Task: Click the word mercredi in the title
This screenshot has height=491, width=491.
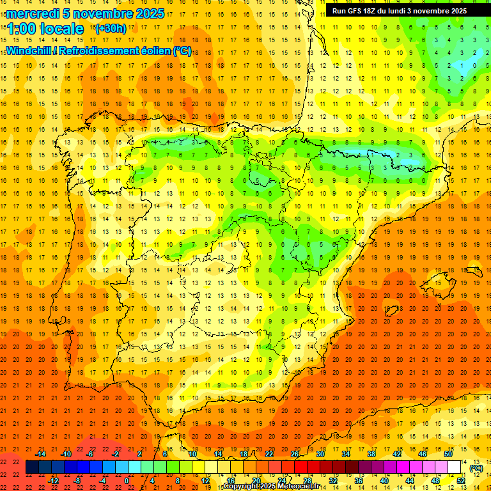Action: (32, 13)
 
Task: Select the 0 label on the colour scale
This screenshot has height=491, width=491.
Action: (127, 481)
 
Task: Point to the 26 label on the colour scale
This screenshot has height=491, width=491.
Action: (294, 454)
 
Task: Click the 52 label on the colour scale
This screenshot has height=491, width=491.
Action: (461, 481)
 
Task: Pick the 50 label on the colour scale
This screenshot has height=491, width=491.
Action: (448, 454)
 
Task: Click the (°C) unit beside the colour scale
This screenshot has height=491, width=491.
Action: (476, 468)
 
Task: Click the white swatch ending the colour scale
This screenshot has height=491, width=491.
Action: (455, 467)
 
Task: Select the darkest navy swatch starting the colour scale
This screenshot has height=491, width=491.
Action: (33, 467)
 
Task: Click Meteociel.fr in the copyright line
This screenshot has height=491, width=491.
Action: (301, 487)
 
